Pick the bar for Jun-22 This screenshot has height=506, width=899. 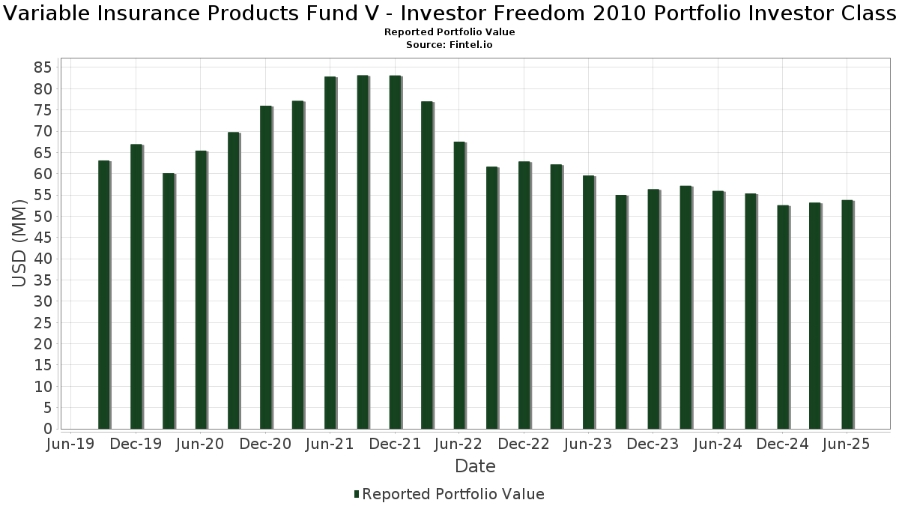[x=460, y=285]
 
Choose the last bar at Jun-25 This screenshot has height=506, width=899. [x=847, y=315]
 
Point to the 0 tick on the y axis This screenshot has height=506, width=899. [x=47, y=429]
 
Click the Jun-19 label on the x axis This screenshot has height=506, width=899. [x=70, y=445]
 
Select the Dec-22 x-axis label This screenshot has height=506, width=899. [x=524, y=445]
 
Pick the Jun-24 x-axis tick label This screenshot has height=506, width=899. [x=718, y=445]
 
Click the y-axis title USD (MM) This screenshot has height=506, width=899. [x=20, y=243]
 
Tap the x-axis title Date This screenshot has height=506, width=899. [x=475, y=466]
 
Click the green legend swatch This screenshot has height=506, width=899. [x=357, y=494]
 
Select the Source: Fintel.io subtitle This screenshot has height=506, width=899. [x=449, y=45]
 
